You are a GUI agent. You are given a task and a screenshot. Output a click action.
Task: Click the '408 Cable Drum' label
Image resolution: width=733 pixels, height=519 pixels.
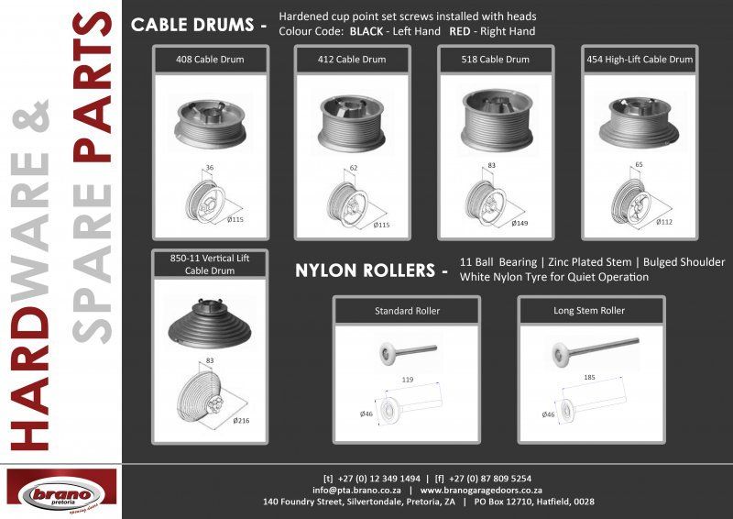(x=210, y=61)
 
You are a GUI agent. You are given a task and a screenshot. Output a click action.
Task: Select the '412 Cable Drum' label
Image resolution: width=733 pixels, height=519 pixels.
(x=353, y=61)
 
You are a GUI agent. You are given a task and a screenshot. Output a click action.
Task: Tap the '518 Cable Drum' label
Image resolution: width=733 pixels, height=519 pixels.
(x=497, y=61)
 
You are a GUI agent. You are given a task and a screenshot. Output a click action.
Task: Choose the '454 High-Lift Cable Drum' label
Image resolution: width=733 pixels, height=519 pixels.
(x=640, y=61)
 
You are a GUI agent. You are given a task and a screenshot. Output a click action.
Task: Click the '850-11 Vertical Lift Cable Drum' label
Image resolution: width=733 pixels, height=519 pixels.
(x=210, y=264)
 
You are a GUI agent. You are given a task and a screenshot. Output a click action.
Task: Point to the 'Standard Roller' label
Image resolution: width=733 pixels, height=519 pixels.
(x=407, y=311)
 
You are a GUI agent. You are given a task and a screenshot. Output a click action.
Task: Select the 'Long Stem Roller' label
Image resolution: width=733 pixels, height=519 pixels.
(x=590, y=311)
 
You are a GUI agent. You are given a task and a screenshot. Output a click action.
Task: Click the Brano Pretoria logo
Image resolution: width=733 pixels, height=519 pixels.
(x=61, y=491)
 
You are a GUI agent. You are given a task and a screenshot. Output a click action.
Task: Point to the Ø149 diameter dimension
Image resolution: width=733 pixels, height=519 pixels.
(x=518, y=223)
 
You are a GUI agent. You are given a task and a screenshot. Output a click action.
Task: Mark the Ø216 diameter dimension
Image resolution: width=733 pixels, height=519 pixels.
(x=242, y=420)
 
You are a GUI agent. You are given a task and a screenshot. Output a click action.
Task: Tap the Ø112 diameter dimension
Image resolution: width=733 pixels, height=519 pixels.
(x=664, y=221)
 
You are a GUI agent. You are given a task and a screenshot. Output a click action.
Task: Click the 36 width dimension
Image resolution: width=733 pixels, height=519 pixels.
(x=209, y=169)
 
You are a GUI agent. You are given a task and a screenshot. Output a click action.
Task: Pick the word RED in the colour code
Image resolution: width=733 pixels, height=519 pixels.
(x=460, y=31)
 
